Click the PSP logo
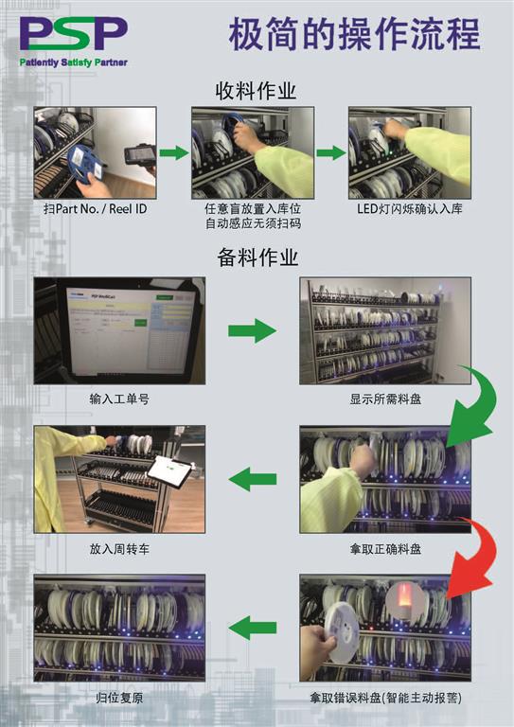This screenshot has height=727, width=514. coord(73,34)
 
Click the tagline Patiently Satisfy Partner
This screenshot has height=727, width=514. coord(73,62)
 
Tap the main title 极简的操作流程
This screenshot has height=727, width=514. coord(355,35)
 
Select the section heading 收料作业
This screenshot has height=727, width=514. coord(256,91)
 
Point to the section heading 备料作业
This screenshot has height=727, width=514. coord(257,257)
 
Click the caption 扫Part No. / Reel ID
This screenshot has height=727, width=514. coord(95,209)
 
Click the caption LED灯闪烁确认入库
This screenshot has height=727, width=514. coord(410,208)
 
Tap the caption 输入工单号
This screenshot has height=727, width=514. coord(119,399)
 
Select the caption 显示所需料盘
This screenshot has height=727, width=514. coord(385,399)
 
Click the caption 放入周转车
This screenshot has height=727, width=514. coord(119,549)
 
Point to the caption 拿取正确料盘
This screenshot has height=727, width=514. coord(385,549)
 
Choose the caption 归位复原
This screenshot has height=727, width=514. coord(119,698)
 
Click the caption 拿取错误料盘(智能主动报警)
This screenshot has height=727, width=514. coord(385,698)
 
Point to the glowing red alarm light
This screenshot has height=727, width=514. coord(404,601)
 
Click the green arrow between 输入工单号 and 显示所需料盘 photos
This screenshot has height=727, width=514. coord(252,330)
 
